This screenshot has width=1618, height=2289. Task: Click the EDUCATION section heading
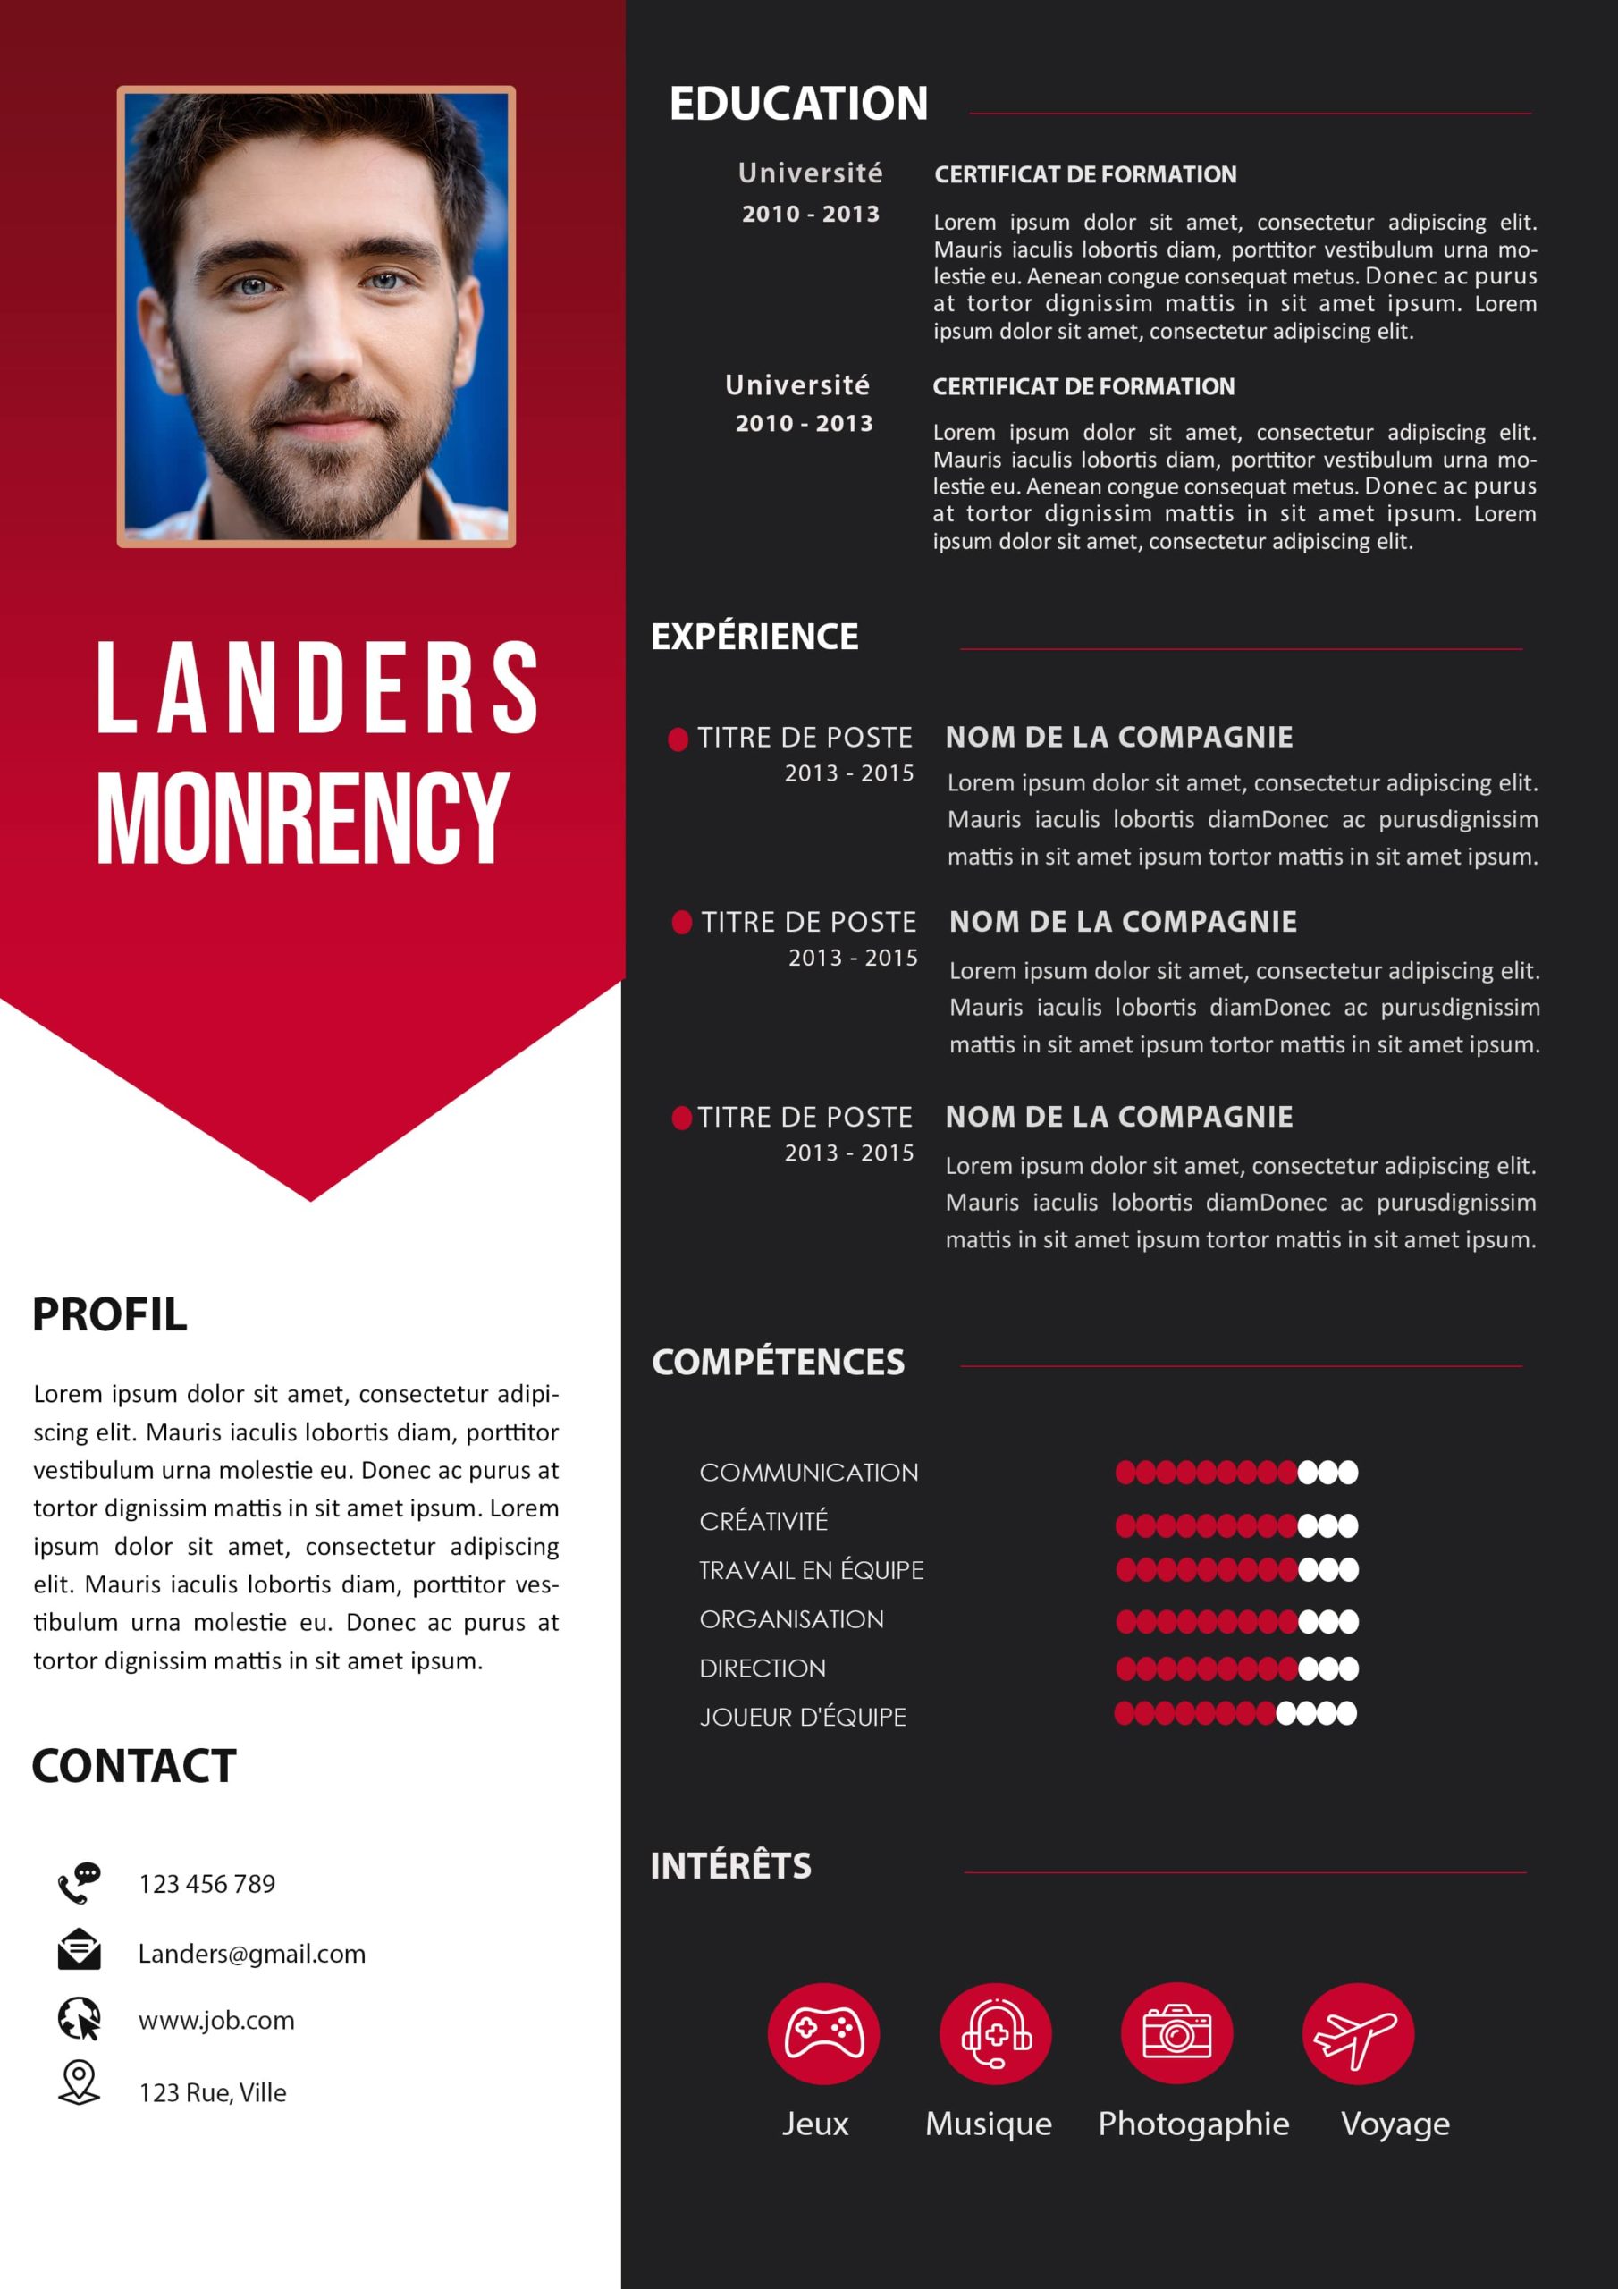click(x=797, y=104)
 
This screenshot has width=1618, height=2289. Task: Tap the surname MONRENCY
click(x=303, y=817)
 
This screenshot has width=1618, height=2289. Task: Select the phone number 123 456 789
click(x=206, y=1883)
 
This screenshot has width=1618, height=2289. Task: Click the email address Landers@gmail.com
click(x=251, y=1953)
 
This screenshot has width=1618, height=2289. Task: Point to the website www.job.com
click(x=216, y=2020)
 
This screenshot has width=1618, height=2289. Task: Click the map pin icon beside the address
click(x=79, y=2082)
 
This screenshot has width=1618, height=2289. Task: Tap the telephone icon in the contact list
click(x=79, y=1882)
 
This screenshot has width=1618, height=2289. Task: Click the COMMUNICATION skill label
click(x=808, y=1473)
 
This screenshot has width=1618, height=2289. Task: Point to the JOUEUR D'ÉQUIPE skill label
click(x=803, y=1717)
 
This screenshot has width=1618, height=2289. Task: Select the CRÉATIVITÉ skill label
click(x=763, y=1521)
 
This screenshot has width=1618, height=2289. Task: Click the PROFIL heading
click(x=110, y=1314)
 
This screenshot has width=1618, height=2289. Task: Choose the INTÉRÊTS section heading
click(x=730, y=1865)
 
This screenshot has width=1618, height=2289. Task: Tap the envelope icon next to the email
click(x=79, y=1950)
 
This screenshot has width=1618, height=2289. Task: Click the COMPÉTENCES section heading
click(x=778, y=1362)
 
